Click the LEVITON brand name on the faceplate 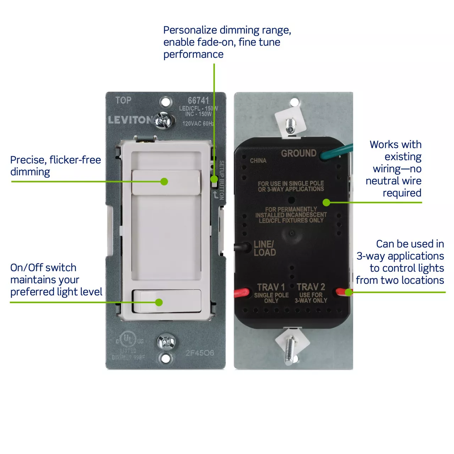coord(131,120)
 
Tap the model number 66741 coord(198,101)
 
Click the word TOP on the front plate coord(123,100)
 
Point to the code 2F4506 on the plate coord(200,353)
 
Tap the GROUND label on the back coord(299,153)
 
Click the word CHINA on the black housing coord(258,161)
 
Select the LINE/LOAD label coord(265,248)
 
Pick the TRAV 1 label coord(271,287)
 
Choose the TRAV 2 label coord(311,287)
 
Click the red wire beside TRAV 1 coord(242,293)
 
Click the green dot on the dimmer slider coord(164,182)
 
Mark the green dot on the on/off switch coord(159,302)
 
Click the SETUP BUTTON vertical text coord(222,180)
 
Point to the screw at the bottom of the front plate coord(166,342)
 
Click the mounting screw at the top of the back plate coord(291,124)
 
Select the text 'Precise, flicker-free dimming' coord(55,166)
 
